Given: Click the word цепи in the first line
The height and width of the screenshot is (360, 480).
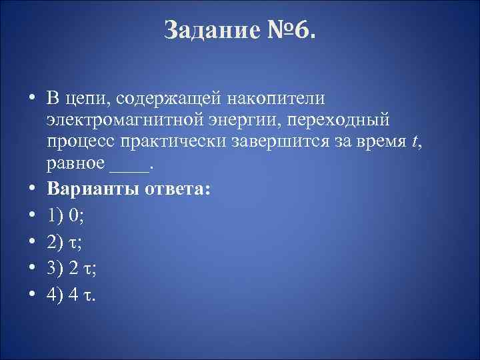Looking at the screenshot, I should coord(87,99).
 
